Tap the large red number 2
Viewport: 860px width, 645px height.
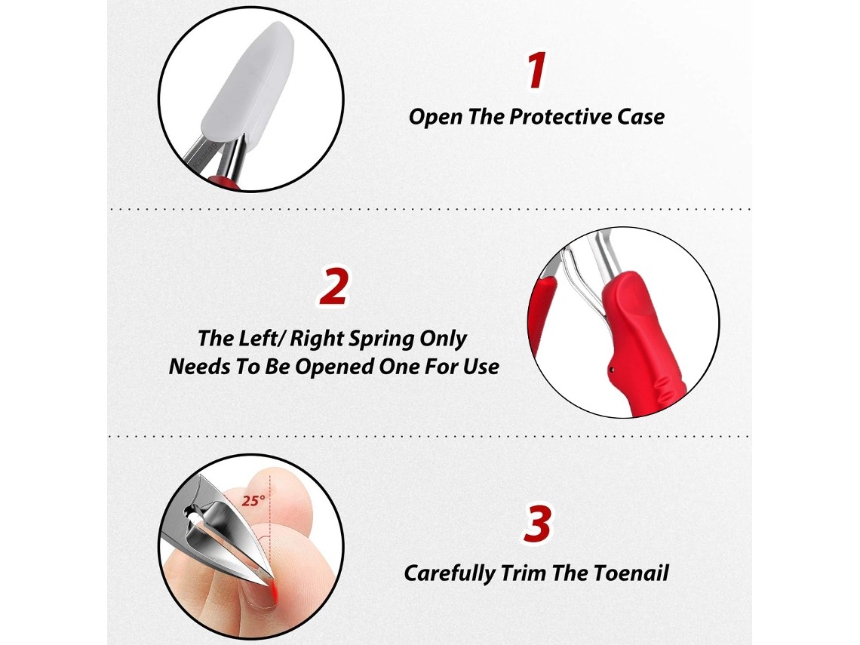[x=334, y=286]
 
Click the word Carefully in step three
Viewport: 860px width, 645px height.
[x=449, y=574]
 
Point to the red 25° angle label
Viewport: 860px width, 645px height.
[x=253, y=500]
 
